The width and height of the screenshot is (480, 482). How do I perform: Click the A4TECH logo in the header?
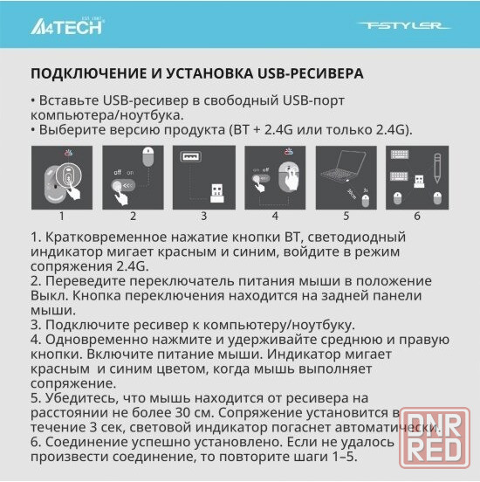coord(67,25)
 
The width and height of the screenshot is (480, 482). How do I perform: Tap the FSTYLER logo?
coord(404,25)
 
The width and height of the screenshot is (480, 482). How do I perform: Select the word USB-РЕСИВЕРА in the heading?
coord(311,73)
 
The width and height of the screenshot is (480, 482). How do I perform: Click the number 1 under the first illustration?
coord(62,216)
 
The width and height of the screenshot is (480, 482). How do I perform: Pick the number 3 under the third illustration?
coord(203,216)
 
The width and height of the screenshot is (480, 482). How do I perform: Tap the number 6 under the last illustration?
coord(417,216)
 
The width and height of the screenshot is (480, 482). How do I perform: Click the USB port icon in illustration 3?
coord(191,156)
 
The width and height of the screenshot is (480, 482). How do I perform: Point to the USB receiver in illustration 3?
coord(217,193)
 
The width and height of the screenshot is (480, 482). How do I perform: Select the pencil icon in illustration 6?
coord(437,169)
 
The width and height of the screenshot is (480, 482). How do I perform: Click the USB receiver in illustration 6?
coord(419,181)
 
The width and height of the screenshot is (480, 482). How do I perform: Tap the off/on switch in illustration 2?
coord(123,186)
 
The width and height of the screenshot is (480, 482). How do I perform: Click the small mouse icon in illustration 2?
coord(148,156)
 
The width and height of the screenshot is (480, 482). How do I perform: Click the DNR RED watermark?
coord(435,437)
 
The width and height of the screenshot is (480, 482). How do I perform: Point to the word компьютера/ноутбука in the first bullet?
coord(107,115)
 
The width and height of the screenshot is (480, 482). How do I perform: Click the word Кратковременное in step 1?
coord(106,237)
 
